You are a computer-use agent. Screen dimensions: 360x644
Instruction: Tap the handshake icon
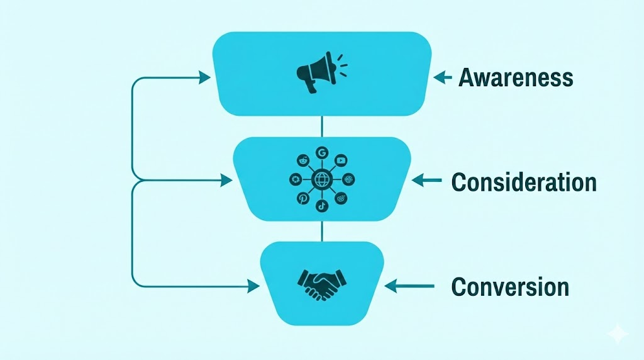(x=321, y=284)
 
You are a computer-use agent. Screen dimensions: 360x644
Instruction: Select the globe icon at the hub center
(x=321, y=179)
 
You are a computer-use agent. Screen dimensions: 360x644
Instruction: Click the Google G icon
(x=322, y=152)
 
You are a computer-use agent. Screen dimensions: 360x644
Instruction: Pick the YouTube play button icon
(x=341, y=160)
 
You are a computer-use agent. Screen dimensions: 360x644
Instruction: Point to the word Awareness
(x=516, y=77)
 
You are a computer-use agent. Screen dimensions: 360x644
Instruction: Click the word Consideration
(x=524, y=182)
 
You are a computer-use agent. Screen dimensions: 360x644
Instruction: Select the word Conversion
(x=510, y=286)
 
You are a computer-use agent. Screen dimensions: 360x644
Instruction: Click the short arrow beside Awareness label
(x=443, y=77)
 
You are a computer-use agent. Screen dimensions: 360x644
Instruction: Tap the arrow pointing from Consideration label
(x=427, y=181)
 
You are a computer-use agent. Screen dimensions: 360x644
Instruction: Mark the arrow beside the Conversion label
(x=409, y=286)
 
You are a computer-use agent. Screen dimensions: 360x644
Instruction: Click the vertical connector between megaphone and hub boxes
(x=322, y=127)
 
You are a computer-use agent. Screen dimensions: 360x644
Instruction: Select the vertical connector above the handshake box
(x=322, y=231)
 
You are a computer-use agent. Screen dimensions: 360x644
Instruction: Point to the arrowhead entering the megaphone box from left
(x=204, y=77)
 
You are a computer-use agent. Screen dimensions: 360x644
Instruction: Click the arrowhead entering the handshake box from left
(x=253, y=286)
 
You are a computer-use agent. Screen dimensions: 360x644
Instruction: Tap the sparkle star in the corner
(x=618, y=334)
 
